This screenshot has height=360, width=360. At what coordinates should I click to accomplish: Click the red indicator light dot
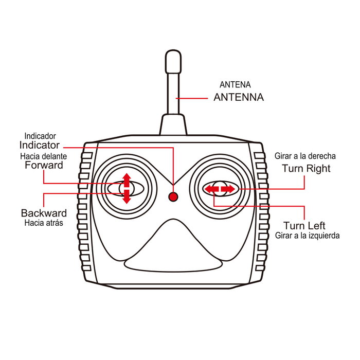(173, 196)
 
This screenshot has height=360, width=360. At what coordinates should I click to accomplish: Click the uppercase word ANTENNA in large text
(239, 97)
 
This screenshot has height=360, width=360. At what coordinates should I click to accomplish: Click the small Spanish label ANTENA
(235, 84)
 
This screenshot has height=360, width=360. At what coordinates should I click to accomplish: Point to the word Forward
(44, 166)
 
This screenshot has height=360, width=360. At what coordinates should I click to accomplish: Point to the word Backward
(44, 213)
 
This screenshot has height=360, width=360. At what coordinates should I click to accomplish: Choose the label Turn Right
(306, 168)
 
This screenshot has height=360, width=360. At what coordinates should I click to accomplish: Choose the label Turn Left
(304, 226)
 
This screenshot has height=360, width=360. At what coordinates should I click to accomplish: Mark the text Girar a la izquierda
(307, 236)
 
